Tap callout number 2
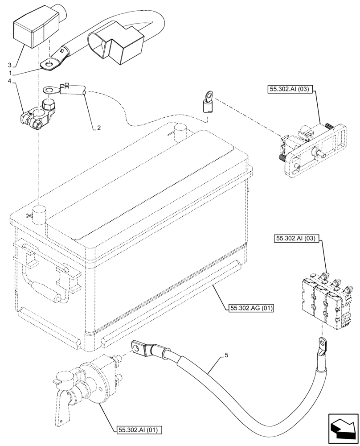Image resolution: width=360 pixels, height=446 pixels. point(99,128)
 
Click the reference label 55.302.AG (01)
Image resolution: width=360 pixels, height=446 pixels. point(252,308)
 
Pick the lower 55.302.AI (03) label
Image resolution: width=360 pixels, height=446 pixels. point(295,239)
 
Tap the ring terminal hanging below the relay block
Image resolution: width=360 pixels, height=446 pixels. point(322,344)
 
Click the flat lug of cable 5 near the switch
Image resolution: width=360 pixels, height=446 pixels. point(142,347)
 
